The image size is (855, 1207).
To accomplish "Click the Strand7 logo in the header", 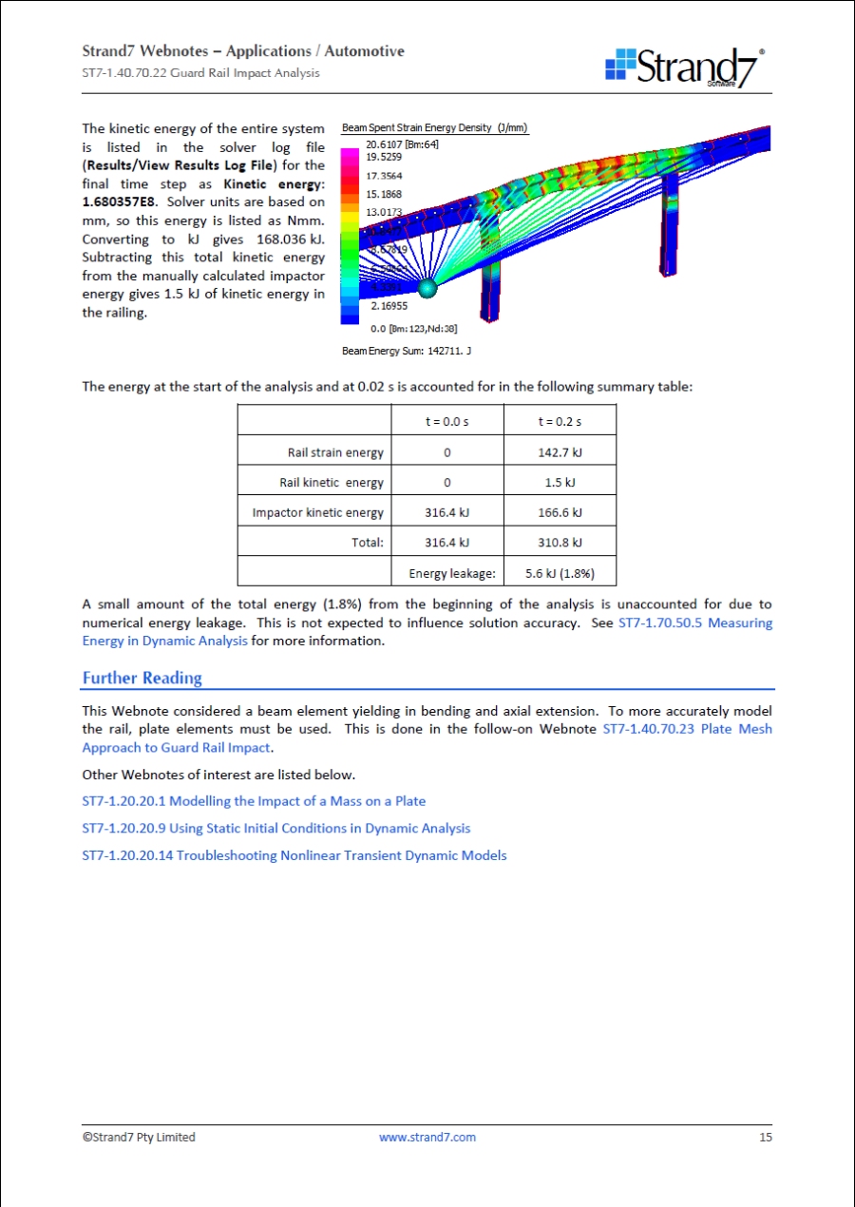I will coord(684,67).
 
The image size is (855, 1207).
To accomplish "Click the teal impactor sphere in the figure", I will coord(427,286).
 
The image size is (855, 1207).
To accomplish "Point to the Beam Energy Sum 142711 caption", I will coord(407,351).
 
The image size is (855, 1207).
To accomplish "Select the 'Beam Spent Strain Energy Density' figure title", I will coord(434,128).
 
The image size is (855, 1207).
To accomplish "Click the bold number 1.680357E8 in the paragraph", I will coord(119,201).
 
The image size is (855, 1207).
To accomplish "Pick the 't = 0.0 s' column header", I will coord(446,421).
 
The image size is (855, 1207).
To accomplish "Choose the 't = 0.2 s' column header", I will coord(560,421).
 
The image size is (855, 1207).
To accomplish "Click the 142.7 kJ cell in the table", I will coord(560,452).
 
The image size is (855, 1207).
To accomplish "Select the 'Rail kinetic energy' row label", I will coord(332,483).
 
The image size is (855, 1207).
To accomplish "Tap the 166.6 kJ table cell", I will coord(560,512).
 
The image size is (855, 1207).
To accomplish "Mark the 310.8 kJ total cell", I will coord(560,543).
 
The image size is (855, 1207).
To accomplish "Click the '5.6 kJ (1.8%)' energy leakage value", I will coord(560,573).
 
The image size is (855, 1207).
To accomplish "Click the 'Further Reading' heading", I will coord(142,678).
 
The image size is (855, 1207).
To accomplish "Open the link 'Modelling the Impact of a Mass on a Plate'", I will coord(254,801).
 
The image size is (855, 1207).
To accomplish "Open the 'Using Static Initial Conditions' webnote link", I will coord(275,828).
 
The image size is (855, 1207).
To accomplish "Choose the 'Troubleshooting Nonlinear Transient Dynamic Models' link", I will coord(294,855).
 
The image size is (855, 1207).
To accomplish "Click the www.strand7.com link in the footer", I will coord(427,1137).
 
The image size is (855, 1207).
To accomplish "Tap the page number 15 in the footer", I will coord(765,1137).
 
